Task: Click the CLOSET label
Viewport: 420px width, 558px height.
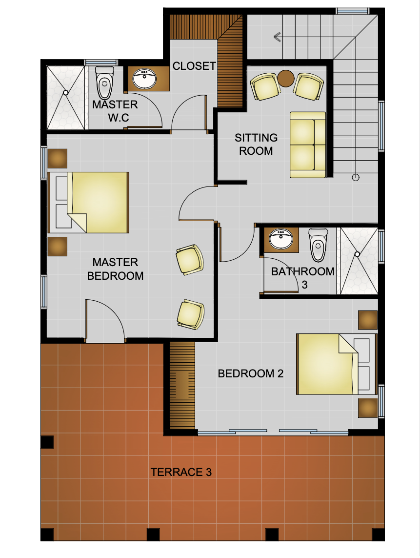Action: click(194, 66)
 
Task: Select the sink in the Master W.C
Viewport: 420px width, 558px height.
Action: click(144, 79)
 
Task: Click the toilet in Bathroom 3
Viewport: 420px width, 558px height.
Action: click(318, 245)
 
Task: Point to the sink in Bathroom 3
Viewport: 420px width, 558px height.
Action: click(281, 239)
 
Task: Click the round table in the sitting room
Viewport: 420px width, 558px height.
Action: click(286, 78)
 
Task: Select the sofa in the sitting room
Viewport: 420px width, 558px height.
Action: click(308, 145)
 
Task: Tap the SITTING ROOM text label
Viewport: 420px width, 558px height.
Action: click(256, 144)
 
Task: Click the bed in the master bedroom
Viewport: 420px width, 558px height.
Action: click(88, 203)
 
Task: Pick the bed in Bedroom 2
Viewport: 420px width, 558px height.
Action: click(337, 364)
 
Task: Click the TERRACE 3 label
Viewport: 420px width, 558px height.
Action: click(181, 472)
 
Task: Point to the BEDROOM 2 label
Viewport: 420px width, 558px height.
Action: click(251, 373)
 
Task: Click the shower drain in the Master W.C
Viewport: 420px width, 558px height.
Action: click(66, 93)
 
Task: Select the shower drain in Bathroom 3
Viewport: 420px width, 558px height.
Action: click(357, 254)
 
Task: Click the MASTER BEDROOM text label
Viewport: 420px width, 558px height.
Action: click(115, 269)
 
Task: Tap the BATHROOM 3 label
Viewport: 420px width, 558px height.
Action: click(302, 278)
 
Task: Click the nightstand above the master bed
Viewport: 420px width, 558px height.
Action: click(58, 158)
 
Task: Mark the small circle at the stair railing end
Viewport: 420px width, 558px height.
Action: click(356, 177)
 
